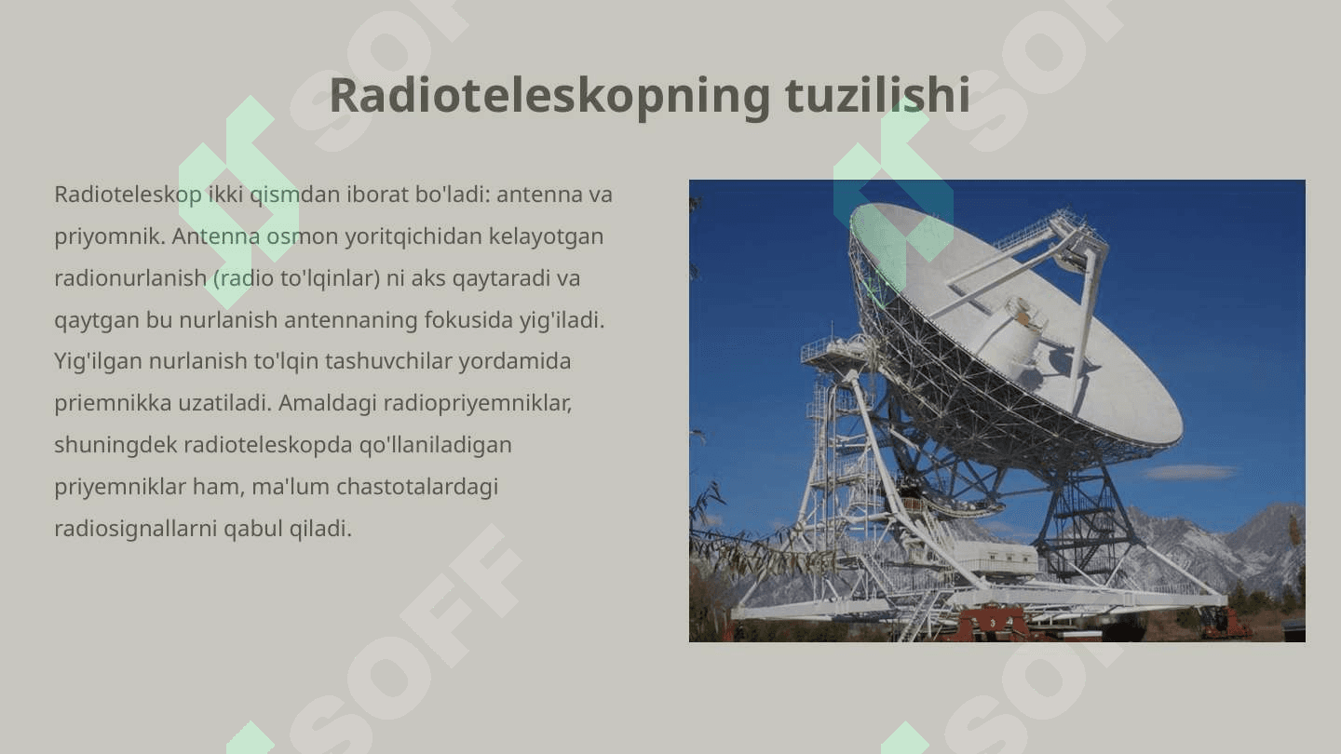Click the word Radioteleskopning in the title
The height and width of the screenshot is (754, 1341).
click(549, 96)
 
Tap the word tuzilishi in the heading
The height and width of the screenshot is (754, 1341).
click(877, 95)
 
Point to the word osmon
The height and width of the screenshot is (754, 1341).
click(303, 237)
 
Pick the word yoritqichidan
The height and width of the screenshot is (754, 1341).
click(413, 237)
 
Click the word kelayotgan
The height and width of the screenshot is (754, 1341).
click(546, 237)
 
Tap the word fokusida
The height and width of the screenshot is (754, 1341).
click(468, 320)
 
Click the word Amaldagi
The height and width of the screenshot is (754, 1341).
click(328, 404)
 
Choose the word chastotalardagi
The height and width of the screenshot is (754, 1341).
click(417, 488)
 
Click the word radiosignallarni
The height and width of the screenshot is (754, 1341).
click(135, 529)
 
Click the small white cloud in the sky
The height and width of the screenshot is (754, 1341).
click(1190, 473)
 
